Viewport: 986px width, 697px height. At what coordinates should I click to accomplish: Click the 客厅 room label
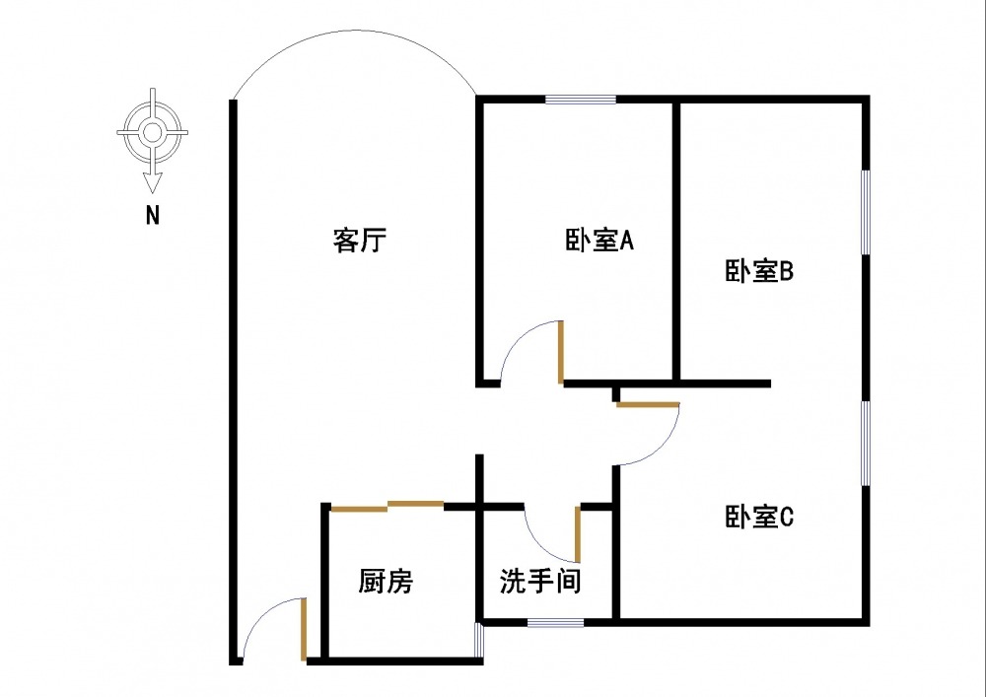click(x=359, y=241)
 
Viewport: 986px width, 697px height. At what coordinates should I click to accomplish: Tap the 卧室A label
click(x=599, y=241)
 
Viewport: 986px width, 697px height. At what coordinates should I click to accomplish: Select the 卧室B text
click(x=759, y=271)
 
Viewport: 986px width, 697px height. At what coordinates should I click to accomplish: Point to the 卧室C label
click(x=759, y=517)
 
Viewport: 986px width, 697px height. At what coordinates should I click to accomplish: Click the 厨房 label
click(x=386, y=582)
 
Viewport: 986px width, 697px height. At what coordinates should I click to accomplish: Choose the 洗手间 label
click(x=539, y=582)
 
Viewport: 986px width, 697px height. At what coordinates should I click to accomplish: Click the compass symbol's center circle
click(x=152, y=130)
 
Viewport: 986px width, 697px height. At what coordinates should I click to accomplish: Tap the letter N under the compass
click(x=152, y=216)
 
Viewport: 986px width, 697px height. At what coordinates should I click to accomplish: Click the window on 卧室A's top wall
click(x=581, y=99)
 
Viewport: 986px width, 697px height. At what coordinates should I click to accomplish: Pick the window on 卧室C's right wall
click(x=866, y=443)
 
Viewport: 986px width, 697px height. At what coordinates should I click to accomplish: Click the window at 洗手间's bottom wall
click(x=555, y=622)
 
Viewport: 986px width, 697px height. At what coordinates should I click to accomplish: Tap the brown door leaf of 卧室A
click(x=560, y=352)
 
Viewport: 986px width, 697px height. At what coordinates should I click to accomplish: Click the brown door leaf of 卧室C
click(x=648, y=404)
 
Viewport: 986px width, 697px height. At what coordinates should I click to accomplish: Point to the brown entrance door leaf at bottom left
click(x=304, y=628)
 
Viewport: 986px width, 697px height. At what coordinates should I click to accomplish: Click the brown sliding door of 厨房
click(x=387, y=507)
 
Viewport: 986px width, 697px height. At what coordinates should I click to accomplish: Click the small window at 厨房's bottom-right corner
click(x=479, y=641)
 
